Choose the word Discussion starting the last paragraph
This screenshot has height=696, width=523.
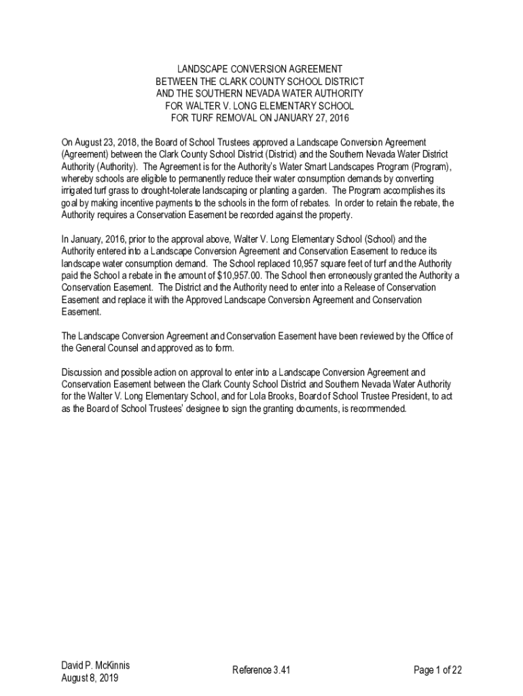coord(82,372)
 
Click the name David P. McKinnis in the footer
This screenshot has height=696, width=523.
coord(95,665)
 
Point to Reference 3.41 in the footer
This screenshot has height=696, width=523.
coord(261,670)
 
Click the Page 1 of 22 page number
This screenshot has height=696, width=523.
coord(438,670)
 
